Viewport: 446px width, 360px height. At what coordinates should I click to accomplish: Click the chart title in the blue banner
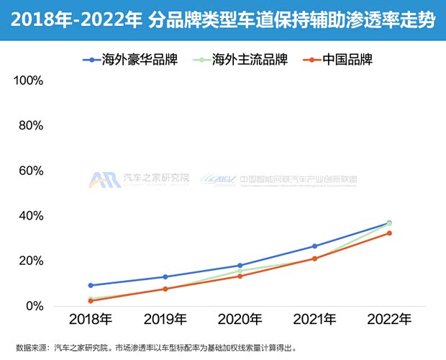pos(223,20)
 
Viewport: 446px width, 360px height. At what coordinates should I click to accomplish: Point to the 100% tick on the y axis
pos(29,81)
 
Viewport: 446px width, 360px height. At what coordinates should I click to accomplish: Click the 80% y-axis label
pos(32,126)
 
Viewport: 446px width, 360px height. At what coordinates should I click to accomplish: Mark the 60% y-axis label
pos(32,171)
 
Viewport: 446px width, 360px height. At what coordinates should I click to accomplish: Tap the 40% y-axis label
pos(32,216)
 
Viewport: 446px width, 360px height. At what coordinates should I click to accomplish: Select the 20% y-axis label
pos(32,261)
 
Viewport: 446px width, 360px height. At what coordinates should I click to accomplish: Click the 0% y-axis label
pos(35,306)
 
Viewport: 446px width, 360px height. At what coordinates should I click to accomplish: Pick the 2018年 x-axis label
pos(90,319)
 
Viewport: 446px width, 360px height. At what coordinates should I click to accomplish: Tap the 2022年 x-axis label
pos(388,319)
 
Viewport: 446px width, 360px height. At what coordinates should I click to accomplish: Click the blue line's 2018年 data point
pos(90,285)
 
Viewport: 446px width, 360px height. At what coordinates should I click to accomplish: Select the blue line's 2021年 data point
pos(314,246)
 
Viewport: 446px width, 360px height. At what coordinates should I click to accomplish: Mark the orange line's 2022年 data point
pos(389,233)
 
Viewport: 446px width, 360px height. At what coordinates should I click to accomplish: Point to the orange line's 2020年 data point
pos(240,276)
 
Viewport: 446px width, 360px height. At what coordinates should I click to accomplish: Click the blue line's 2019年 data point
pos(165,276)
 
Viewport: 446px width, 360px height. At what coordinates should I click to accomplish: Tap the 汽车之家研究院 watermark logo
pos(140,180)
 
